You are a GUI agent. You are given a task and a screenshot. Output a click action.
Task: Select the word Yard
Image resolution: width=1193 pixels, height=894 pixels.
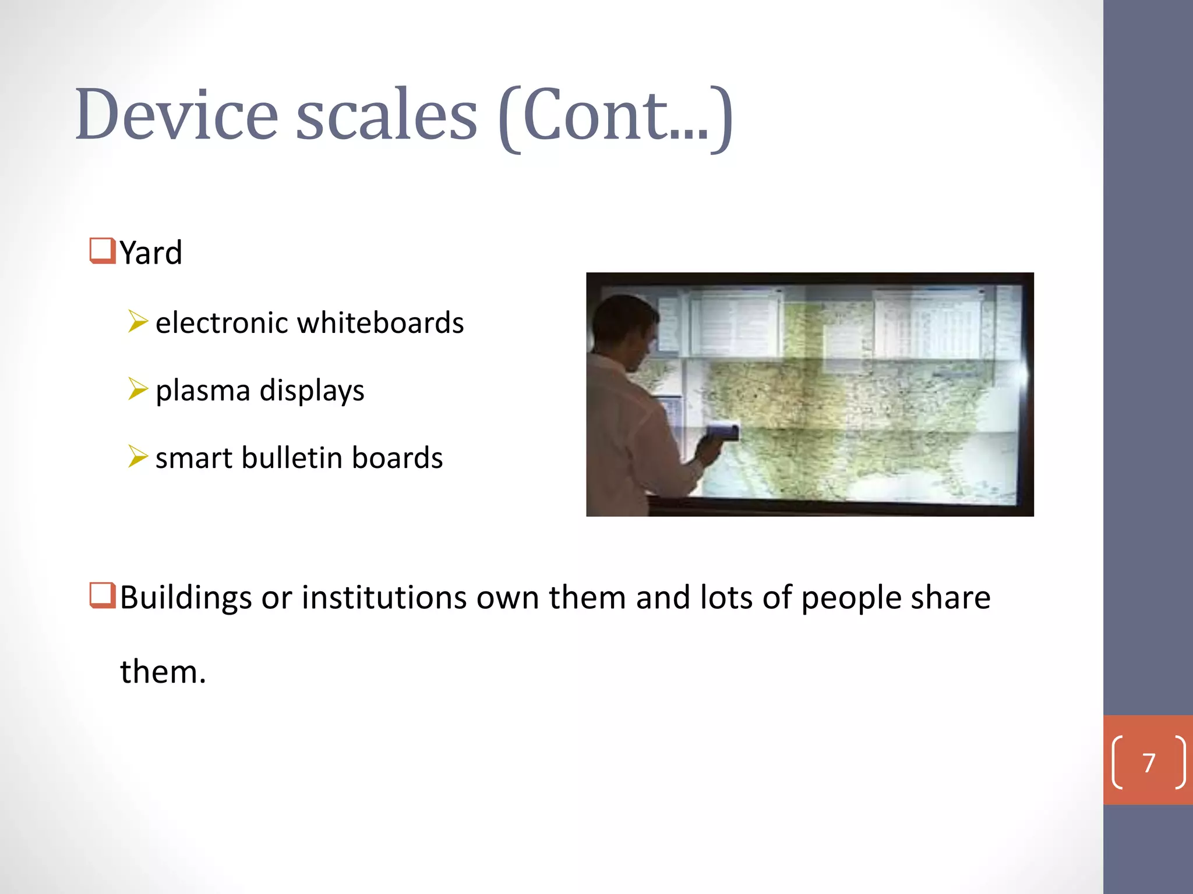tap(151, 253)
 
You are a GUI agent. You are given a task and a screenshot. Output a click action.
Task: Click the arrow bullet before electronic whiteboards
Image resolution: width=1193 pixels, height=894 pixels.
tap(137, 321)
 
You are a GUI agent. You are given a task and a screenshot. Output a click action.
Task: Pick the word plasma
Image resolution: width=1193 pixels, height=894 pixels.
tap(202, 391)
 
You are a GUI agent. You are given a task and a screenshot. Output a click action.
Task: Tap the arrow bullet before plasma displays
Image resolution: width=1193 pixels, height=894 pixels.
tap(137, 389)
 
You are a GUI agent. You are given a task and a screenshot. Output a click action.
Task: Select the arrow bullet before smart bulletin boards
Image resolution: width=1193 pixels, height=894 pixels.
tap(137, 456)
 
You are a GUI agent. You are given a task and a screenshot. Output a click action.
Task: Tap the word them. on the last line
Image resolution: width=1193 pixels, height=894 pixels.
tap(163, 672)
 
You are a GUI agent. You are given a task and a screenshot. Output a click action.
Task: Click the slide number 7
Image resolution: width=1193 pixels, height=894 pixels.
tap(1148, 763)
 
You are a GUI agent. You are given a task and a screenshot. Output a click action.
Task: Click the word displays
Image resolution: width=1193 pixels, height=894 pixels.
tap(312, 391)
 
